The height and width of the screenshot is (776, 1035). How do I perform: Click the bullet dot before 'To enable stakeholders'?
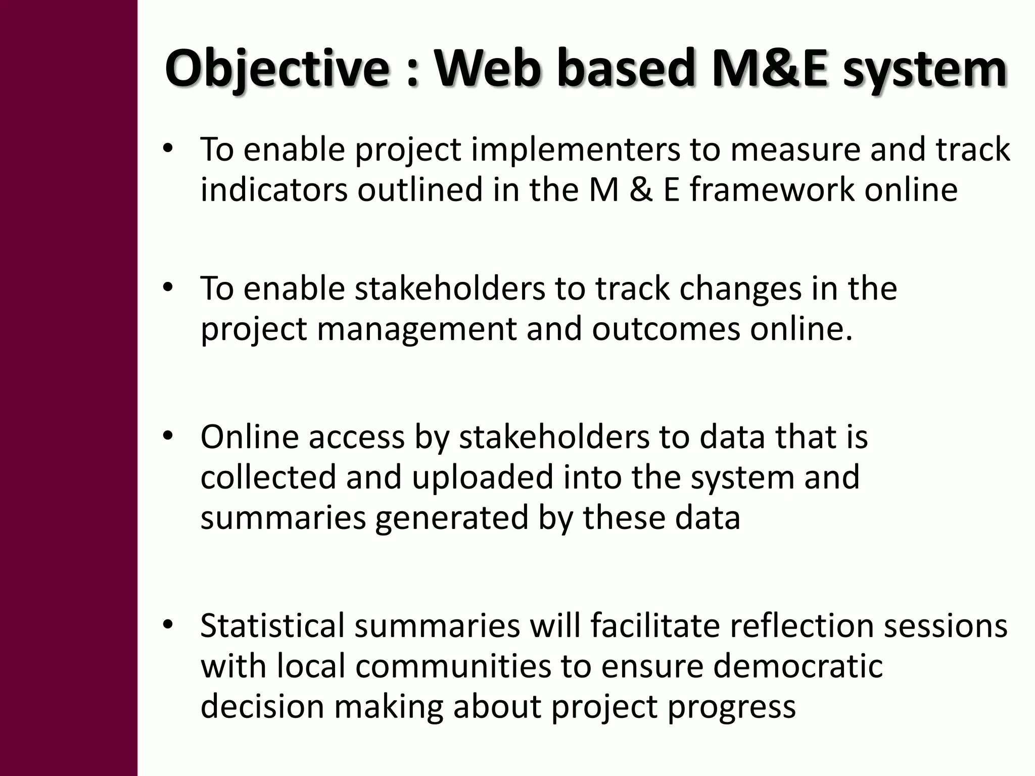click(168, 287)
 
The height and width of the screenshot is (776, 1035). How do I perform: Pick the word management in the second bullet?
click(416, 329)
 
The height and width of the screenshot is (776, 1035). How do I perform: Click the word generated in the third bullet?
click(451, 518)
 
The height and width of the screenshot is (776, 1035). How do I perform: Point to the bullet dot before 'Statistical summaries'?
click(168, 623)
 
